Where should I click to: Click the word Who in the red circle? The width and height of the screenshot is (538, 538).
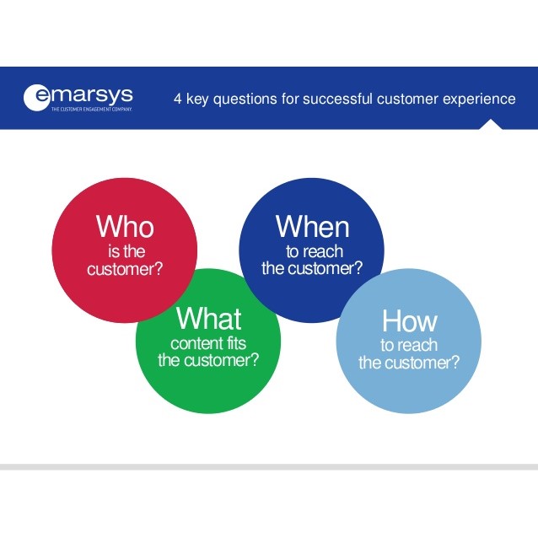(x=125, y=226)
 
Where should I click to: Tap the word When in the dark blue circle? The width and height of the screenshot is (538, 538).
(x=313, y=226)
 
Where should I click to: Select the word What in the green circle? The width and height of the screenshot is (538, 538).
(x=209, y=318)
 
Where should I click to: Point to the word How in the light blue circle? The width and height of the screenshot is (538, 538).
(x=410, y=320)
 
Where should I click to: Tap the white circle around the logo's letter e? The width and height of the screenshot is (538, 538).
(x=36, y=98)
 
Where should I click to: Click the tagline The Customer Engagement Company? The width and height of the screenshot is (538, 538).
(x=92, y=109)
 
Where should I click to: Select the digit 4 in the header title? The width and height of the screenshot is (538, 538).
(x=177, y=99)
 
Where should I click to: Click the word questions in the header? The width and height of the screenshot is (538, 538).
(x=245, y=100)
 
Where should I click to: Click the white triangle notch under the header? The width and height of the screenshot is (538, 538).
(x=491, y=124)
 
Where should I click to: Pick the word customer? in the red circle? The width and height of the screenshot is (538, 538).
(x=125, y=269)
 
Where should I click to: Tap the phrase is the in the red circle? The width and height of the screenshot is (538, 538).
(x=126, y=251)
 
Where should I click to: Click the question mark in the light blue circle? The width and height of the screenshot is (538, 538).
(x=455, y=363)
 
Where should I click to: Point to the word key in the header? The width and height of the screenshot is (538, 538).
(x=197, y=100)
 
